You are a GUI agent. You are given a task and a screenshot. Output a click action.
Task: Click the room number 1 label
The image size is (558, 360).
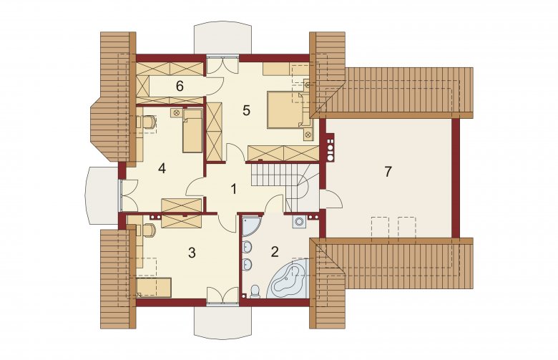point(233,189)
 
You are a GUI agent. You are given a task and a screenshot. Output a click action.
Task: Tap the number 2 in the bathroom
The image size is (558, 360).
point(275,252)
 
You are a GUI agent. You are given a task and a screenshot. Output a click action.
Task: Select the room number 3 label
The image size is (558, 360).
point(192,253)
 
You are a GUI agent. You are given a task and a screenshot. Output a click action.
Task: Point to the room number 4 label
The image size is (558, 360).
point(162,167)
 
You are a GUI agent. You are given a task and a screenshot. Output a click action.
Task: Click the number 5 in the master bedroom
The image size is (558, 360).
point(246,110)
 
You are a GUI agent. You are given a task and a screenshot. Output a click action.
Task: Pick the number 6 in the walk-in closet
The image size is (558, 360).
point(180,86)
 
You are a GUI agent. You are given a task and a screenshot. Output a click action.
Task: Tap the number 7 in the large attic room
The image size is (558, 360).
point(388,171)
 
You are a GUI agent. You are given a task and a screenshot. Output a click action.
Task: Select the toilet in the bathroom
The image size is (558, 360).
point(255,291)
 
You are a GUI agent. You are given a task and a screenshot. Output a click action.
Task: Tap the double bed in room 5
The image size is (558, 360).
point(289,110)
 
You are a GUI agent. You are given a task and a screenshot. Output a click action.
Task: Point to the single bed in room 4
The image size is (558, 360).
point(192,131)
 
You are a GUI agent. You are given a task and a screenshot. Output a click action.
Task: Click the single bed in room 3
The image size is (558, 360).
point(154,288)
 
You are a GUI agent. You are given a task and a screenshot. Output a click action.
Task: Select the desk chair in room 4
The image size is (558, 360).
point(149,122)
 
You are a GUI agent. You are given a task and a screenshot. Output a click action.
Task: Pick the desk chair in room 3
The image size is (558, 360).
point(149,230)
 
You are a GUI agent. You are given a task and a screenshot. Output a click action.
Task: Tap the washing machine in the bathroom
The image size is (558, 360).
point(299,222)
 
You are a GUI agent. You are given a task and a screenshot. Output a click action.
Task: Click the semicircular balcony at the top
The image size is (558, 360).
point(223,39)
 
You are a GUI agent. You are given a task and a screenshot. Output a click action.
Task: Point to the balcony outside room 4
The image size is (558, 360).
point(102,195)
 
